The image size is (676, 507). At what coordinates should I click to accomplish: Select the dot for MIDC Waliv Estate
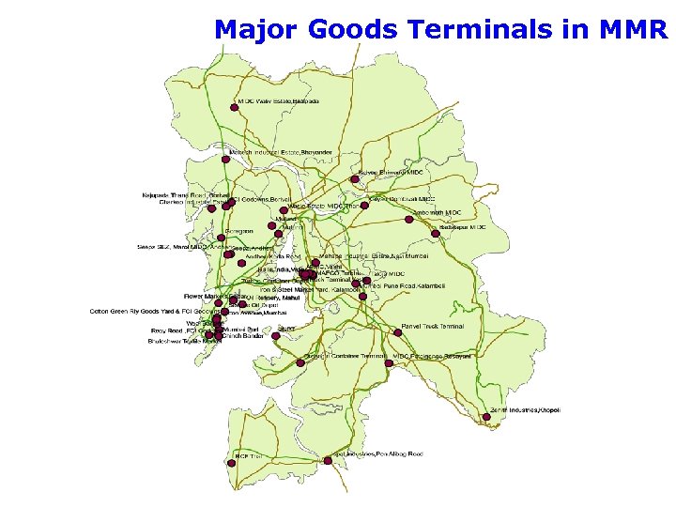point(234,107)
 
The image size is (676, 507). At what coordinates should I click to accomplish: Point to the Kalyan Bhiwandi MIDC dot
point(355,178)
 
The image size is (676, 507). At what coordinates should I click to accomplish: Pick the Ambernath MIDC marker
point(408,220)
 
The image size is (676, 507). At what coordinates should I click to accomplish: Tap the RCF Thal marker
point(232,461)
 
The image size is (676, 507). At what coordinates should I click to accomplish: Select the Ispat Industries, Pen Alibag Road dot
point(328,460)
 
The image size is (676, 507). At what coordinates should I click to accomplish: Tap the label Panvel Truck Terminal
point(433,326)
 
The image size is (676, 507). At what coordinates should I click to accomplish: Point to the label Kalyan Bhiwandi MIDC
point(391,173)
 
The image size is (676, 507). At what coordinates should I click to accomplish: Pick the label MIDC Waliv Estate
point(279,100)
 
